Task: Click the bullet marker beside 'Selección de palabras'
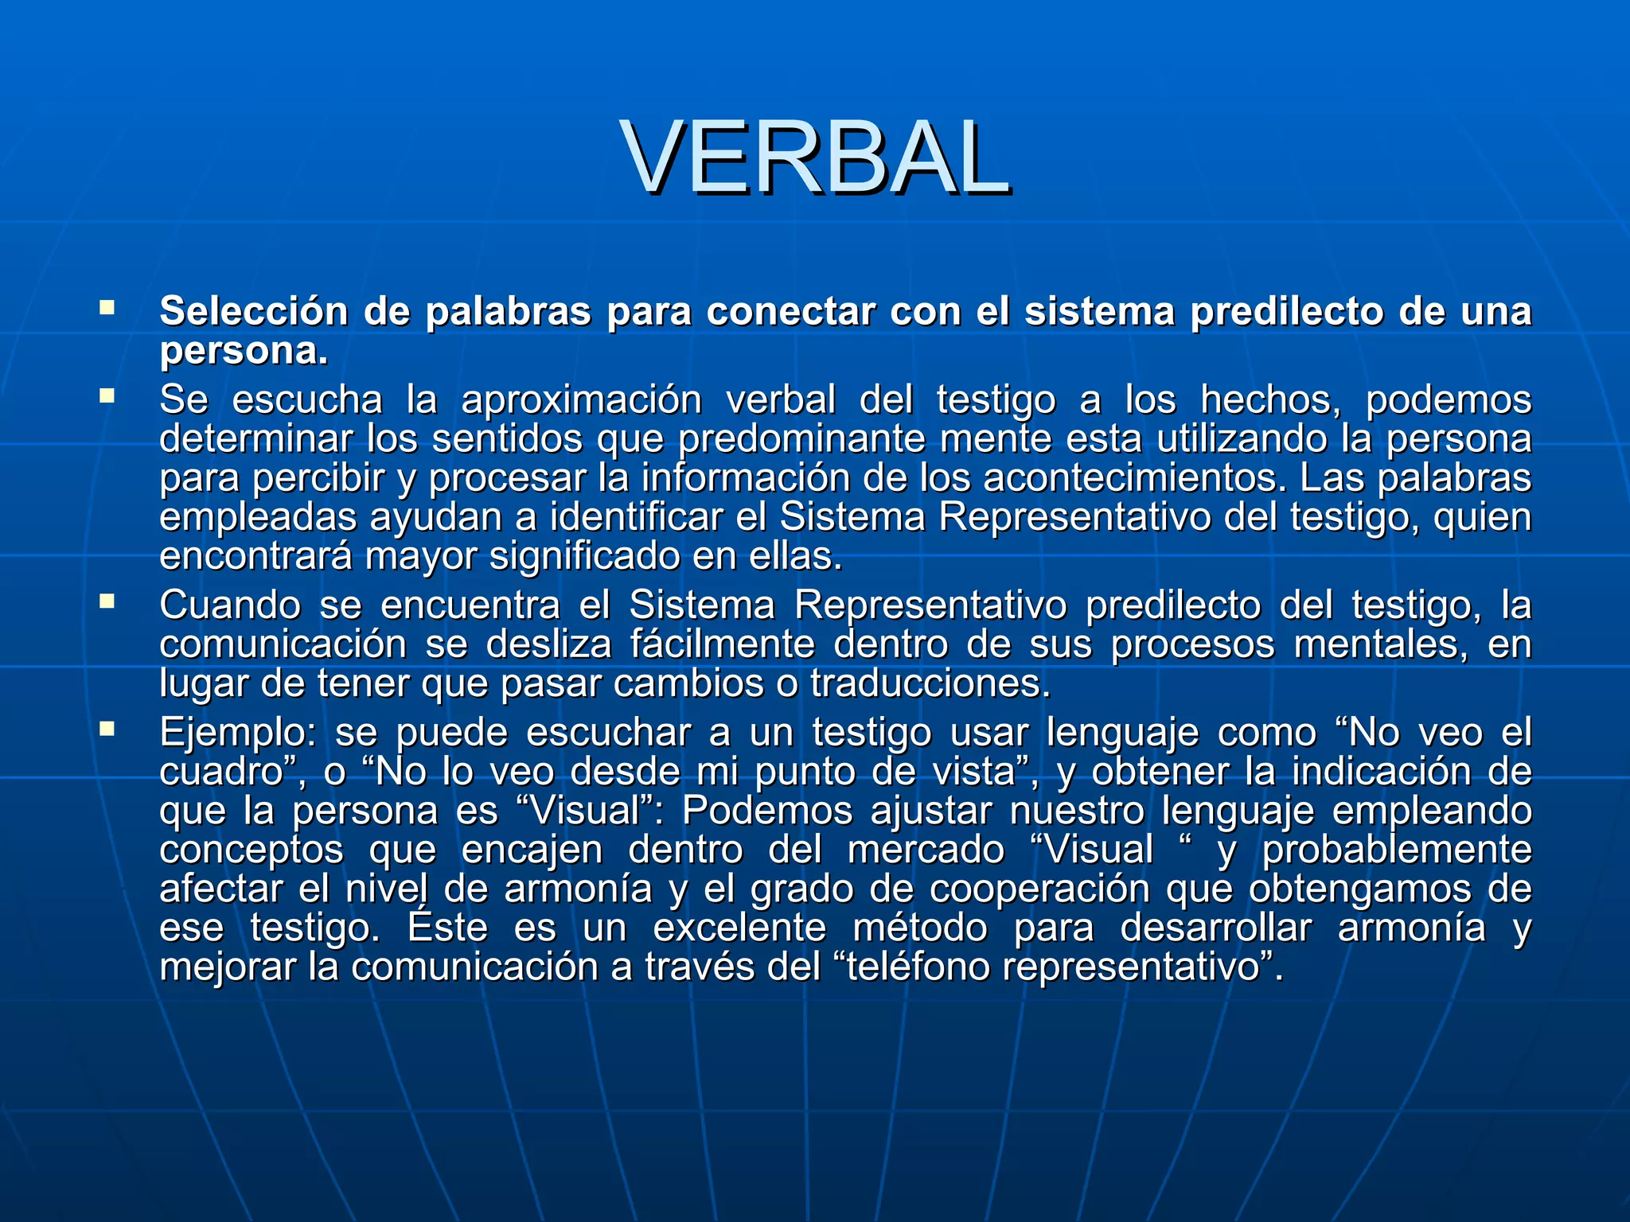point(107,306)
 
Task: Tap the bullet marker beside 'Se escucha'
point(107,395)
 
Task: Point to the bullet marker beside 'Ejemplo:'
point(107,728)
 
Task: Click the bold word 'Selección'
point(253,311)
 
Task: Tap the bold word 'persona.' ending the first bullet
point(244,351)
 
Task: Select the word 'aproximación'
point(581,399)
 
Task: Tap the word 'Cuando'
point(230,605)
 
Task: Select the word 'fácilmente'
point(722,644)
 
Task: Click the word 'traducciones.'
point(930,683)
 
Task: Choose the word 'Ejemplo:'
point(238,733)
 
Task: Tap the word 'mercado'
point(926,850)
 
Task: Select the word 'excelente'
point(739,928)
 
